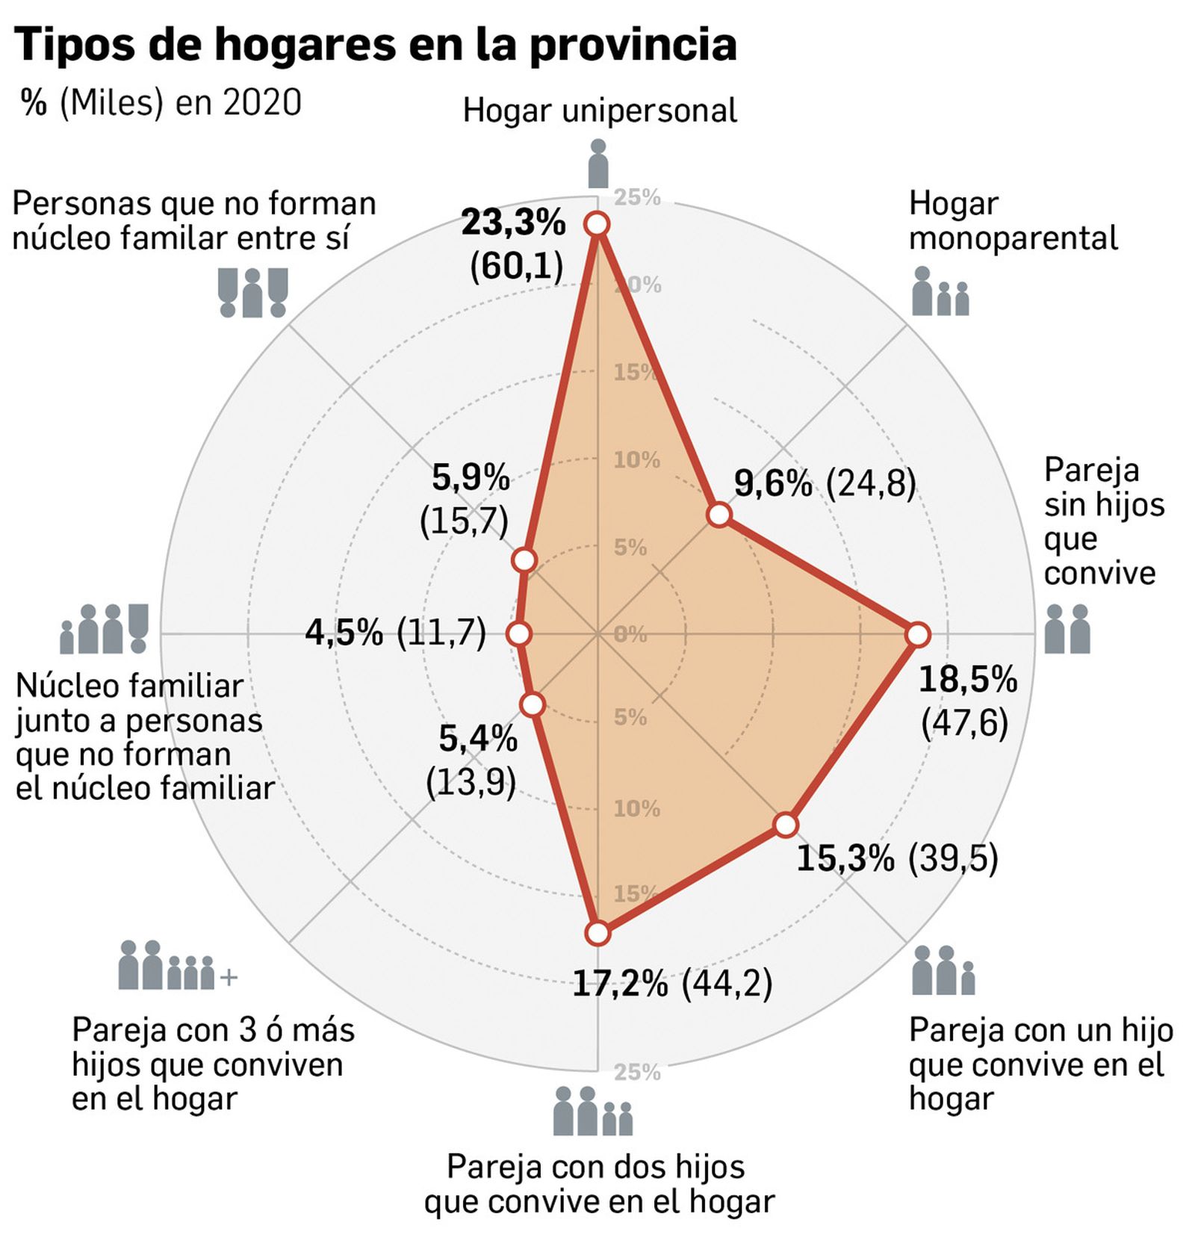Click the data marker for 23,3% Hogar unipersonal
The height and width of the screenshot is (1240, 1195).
click(x=597, y=224)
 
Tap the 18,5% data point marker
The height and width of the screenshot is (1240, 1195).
click(x=918, y=635)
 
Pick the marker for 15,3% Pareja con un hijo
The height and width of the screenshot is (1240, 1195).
click(x=786, y=824)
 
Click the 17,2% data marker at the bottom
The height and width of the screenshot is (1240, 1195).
click(x=597, y=933)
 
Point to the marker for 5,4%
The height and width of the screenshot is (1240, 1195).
click(x=532, y=704)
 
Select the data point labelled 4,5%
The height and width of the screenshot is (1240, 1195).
click(x=518, y=634)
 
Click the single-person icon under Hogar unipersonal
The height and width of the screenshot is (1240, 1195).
click(x=597, y=163)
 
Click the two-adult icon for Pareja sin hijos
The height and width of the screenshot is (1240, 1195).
click(x=1067, y=629)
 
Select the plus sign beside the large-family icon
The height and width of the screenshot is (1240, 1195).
click(x=229, y=977)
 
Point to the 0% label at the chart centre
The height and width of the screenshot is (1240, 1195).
click(x=630, y=634)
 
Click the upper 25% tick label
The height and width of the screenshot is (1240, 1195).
click(x=636, y=197)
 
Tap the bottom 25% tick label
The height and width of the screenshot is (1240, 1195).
click(x=636, y=1072)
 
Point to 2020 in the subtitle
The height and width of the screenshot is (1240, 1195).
click(x=262, y=102)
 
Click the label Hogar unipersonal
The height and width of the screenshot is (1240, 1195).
click(x=599, y=111)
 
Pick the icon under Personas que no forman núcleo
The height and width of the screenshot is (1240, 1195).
click(x=252, y=292)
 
